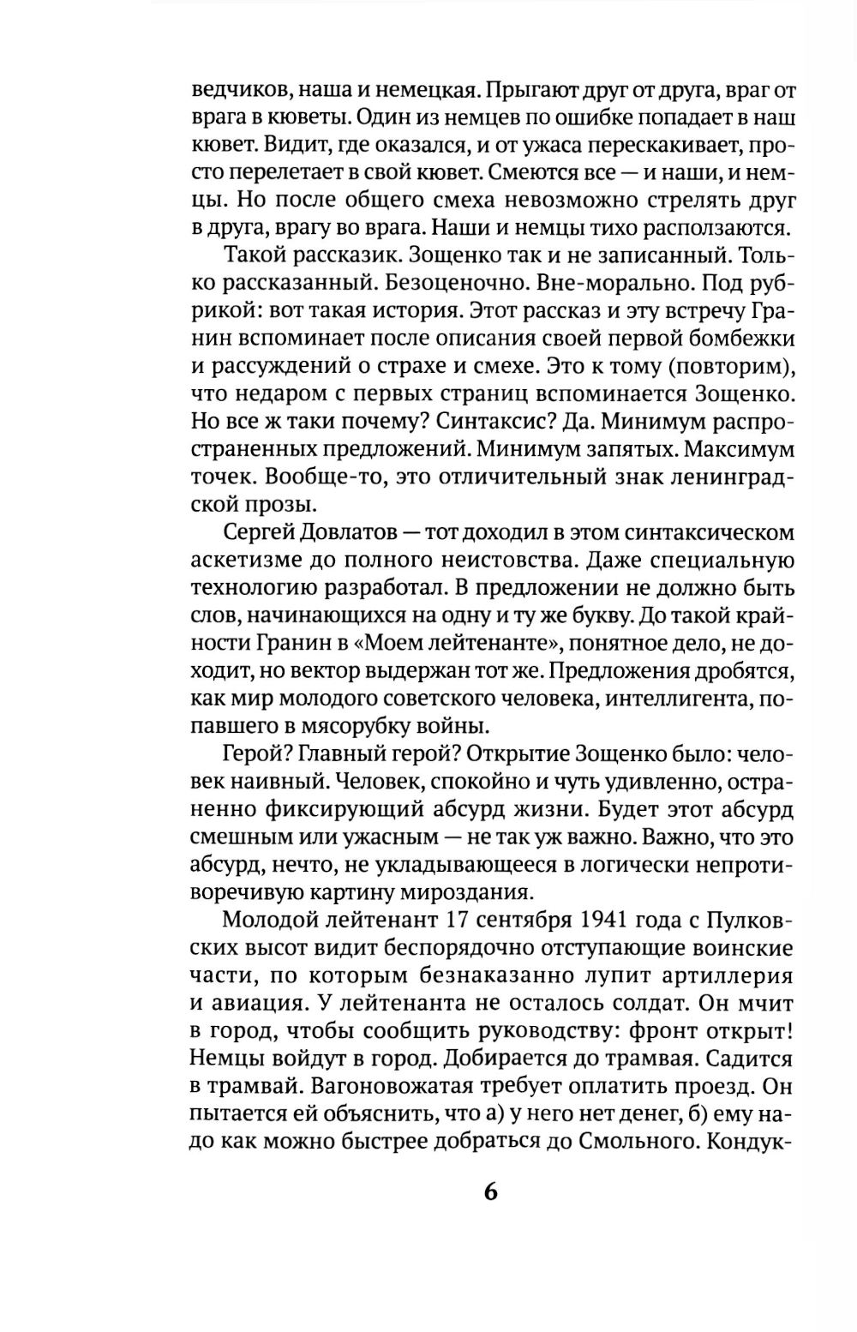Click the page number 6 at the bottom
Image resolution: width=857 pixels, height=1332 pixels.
[x=490, y=1192]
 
